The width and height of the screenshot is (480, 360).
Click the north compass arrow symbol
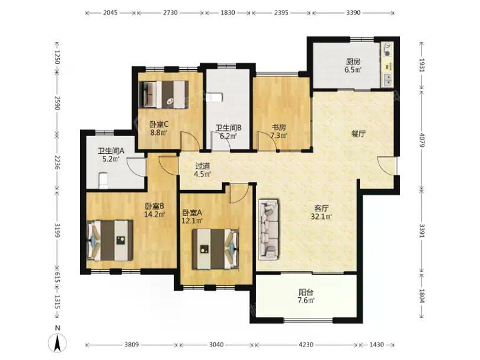(58, 343)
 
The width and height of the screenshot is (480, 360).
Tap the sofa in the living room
(268, 230)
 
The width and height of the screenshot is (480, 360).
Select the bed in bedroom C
(164, 94)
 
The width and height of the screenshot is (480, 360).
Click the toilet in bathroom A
(103, 181)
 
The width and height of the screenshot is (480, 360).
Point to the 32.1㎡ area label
(321, 217)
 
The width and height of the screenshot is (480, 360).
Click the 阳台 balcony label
(306, 292)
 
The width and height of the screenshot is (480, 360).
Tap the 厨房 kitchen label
(353, 62)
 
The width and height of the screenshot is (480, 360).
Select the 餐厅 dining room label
(359, 134)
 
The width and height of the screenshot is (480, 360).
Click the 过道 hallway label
(203, 166)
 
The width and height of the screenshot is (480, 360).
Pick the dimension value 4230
(306, 345)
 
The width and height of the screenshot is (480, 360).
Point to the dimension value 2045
(110, 12)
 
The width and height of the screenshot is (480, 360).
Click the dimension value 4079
(422, 140)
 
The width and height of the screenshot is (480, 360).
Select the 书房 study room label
(279, 127)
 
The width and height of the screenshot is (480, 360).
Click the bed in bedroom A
(216, 249)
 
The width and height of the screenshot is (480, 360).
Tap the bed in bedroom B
(110, 240)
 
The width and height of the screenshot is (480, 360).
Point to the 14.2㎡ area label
(155, 214)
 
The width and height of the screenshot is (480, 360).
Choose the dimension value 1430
(376, 345)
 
